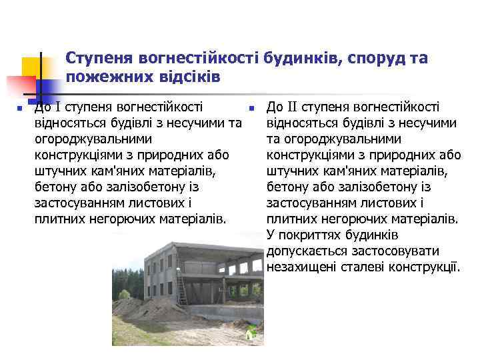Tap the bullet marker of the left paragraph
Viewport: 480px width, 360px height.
pyautogui.click(x=21, y=108)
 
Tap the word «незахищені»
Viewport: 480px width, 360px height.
pyautogui.click(x=300, y=267)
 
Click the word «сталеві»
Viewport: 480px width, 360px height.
pyautogui.click(x=363, y=267)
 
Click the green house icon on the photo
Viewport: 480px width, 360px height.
pyautogui.click(x=251, y=333)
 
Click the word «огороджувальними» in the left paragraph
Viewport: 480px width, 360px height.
pyautogui.click(x=93, y=139)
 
